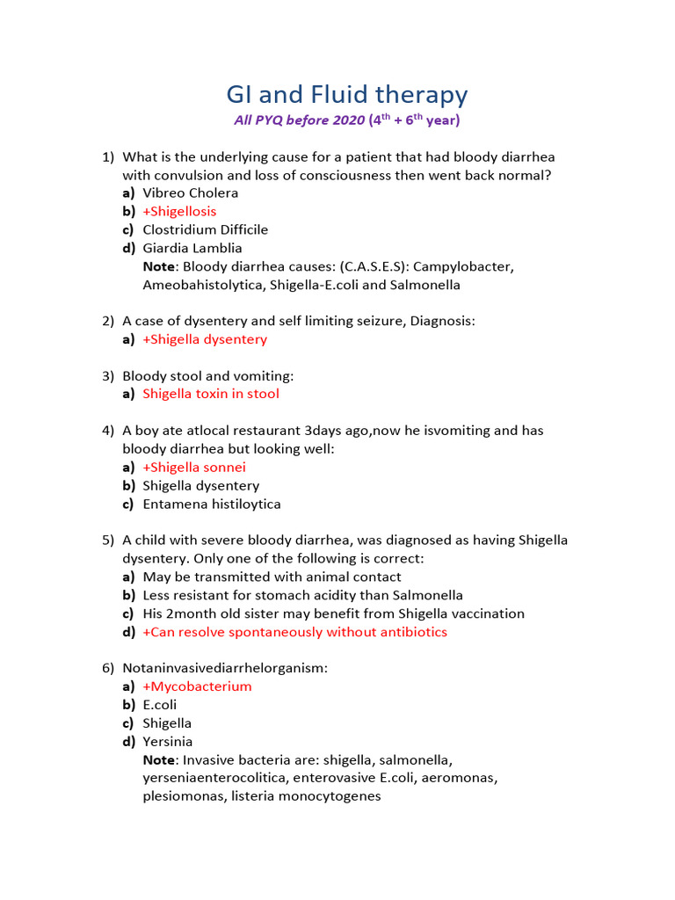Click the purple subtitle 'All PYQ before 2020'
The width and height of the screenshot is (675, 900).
298,120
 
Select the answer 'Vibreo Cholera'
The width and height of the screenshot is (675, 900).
191,193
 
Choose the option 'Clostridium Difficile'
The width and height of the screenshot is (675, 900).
206,230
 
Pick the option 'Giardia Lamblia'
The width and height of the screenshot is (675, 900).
192,249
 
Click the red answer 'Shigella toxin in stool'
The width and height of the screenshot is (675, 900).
211,395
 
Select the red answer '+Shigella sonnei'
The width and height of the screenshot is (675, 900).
194,468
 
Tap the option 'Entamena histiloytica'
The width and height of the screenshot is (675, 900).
212,504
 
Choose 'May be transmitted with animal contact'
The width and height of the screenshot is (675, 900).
272,577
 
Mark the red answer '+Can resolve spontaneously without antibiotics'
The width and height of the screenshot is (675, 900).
294,633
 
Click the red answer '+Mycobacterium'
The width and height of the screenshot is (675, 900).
197,687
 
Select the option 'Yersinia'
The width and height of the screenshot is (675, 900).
168,742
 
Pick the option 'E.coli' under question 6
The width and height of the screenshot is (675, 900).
160,706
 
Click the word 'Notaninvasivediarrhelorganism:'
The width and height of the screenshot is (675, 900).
225,669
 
